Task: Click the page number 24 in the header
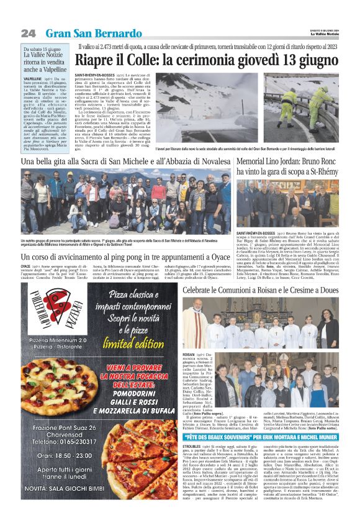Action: coord(28,33)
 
